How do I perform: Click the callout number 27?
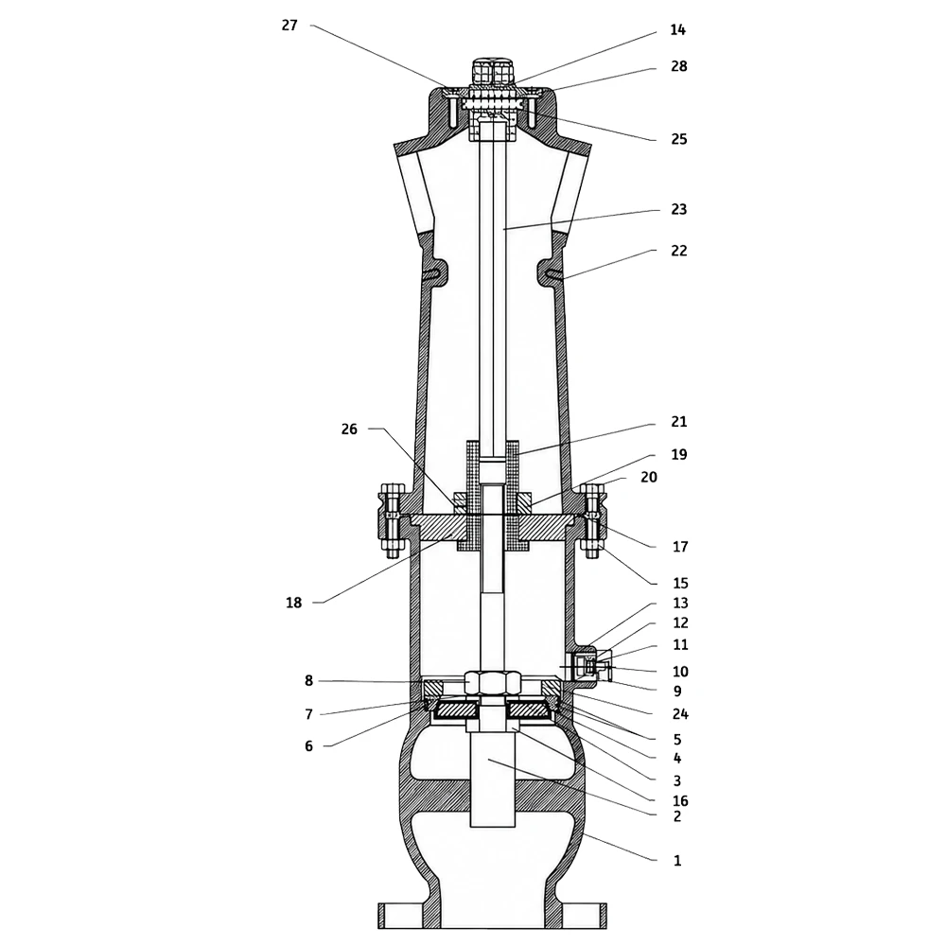289,26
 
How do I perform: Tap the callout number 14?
678,29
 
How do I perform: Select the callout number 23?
678,209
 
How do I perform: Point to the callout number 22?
678,251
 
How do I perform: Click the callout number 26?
349,429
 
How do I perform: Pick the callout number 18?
294,603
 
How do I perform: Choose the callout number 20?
649,477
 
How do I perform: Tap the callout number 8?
308,681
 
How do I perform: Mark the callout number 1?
677,860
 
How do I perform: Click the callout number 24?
680,713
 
